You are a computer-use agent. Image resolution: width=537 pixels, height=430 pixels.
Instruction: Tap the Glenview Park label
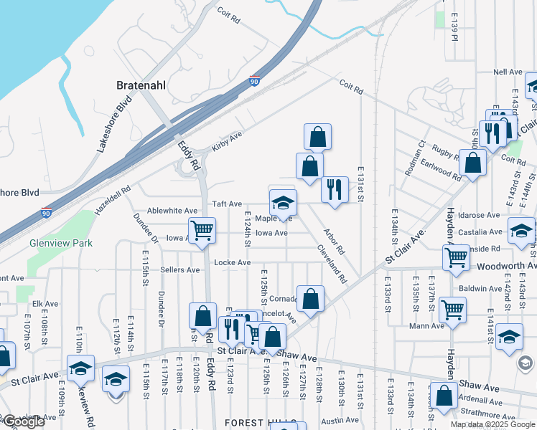pos(61,243)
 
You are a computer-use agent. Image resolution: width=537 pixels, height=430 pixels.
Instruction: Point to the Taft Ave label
pos(225,204)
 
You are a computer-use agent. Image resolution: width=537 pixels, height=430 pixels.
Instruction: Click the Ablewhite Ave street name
pos(171,211)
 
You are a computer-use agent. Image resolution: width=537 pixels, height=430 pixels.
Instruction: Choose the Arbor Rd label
pos(335,242)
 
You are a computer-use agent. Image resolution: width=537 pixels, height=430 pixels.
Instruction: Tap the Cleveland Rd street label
pos(332,264)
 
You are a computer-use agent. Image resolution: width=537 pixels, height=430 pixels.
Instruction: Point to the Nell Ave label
pos(508,72)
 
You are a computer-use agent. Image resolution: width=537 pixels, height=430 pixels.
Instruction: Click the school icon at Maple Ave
pos(283,202)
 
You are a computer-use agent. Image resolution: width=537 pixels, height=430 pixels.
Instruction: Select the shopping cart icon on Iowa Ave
pos(203,230)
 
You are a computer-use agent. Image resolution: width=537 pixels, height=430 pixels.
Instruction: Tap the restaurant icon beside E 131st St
pos(335,189)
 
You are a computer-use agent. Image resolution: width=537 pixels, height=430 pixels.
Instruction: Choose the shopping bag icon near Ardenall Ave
pos(444,396)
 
